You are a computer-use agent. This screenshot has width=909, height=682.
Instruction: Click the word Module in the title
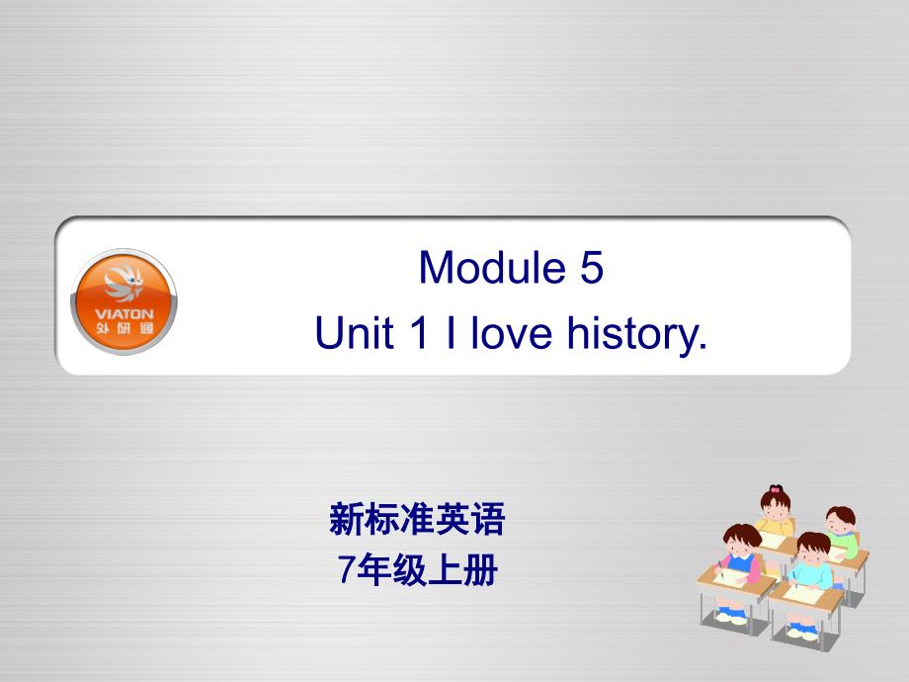point(492,267)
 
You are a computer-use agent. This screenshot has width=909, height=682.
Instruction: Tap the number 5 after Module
point(591,267)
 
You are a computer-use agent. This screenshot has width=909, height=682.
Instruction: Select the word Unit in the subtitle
point(354,332)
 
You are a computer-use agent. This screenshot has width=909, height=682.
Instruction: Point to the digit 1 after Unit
point(419,332)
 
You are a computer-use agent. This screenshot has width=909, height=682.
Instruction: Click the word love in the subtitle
point(512,332)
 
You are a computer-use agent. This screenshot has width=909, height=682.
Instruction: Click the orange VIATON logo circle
point(124,301)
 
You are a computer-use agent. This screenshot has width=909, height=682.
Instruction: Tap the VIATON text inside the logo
point(124,313)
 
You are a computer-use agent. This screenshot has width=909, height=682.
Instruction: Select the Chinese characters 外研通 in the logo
point(124,329)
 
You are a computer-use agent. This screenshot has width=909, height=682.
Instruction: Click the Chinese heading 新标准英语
point(417,519)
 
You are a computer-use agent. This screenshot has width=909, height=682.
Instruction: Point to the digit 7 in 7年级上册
point(346,569)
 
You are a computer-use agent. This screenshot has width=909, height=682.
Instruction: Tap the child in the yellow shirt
point(775,512)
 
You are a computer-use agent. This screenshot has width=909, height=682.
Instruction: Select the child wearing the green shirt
point(842,533)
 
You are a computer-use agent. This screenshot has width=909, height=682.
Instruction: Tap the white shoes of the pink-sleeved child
point(731,617)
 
